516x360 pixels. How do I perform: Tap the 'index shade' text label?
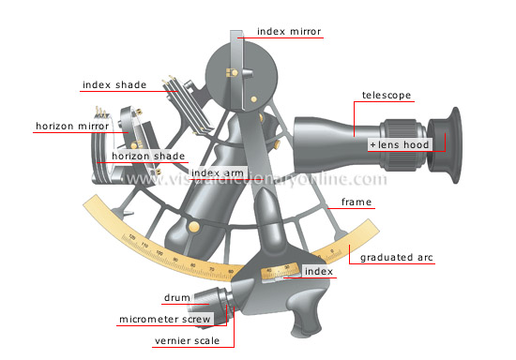coord(114,85)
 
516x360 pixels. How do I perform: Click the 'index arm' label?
coord(217,172)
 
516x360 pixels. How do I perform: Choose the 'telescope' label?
coord(387,96)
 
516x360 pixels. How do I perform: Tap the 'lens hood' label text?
coord(404,147)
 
